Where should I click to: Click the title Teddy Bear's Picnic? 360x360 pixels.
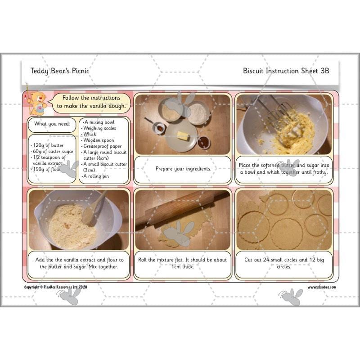tap(59, 71)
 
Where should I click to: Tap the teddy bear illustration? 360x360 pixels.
tap(37, 103)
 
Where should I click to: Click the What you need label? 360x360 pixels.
tap(51, 124)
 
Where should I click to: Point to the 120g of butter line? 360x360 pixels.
tap(47, 145)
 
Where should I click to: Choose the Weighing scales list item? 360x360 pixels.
tap(99, 128)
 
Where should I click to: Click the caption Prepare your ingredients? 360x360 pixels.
tap(183, 169)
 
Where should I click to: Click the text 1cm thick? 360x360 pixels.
tap(183, 267)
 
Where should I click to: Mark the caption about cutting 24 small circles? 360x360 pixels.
tap(284, 263)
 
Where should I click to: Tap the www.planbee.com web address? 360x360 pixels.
tap(321, 287)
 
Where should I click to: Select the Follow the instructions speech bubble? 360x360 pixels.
tap(91, 103)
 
